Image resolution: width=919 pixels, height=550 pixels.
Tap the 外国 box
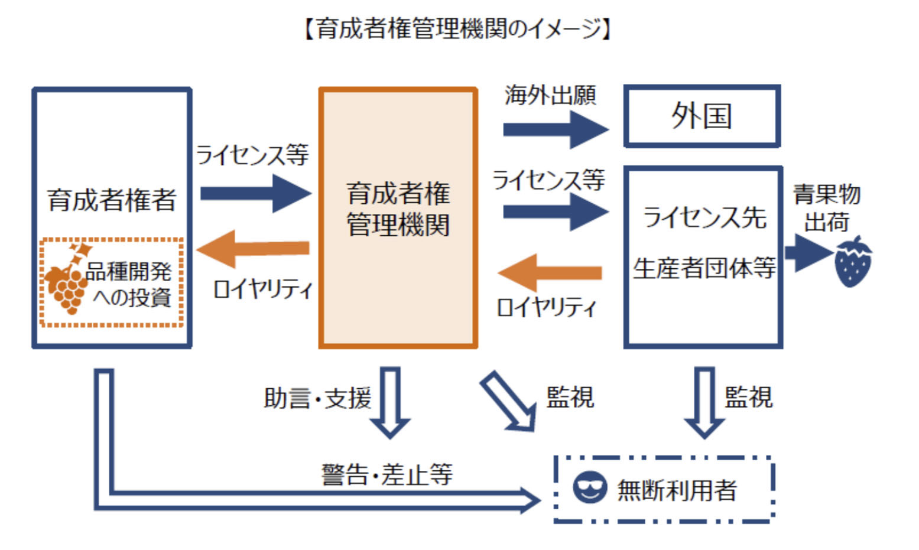tap(702, 116)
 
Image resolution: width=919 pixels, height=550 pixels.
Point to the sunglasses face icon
tap(589, 488)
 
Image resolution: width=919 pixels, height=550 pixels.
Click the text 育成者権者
tap(112, 200)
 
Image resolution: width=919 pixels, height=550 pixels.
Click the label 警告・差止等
tap(387, 474)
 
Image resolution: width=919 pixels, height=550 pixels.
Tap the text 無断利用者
tap(677, 490)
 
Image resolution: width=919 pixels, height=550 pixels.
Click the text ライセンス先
tap(704, 217)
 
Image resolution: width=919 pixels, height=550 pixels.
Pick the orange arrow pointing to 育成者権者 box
tap(254, 249)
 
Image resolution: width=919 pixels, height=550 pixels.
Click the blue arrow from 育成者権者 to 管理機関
tap(255, 193)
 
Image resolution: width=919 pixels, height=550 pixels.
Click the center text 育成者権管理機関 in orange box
tap(398, 209)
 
